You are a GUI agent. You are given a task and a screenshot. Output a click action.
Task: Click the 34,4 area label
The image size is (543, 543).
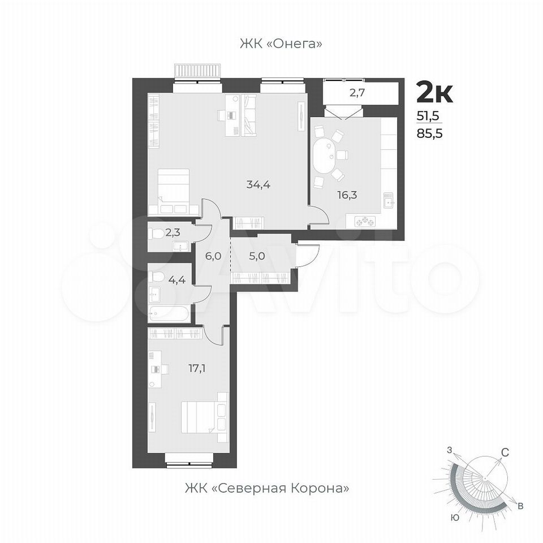click(258, 185)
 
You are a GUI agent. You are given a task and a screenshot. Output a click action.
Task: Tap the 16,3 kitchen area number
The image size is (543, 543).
click(347, 195)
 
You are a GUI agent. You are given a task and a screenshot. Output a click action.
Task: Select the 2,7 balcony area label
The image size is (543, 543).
click(357, 93)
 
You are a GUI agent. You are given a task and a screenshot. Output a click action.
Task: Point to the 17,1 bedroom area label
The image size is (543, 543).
click(197, 368)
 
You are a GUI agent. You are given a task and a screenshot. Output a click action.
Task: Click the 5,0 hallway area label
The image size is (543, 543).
click(257, 256)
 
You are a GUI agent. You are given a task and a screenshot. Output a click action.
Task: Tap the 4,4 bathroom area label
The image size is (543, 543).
click(176, 279)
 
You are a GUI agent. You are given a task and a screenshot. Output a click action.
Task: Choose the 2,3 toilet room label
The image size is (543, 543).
click(173, 232)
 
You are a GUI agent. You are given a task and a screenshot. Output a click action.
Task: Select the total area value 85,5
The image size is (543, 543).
click(429, 133)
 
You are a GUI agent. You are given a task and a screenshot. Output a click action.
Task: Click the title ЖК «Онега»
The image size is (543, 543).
click(281, 44)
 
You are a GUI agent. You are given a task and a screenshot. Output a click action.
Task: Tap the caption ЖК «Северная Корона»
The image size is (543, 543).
click(267, 488)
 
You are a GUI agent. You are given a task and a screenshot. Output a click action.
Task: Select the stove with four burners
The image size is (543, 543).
click(365, 221)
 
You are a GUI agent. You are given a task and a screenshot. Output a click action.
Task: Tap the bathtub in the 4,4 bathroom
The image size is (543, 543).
click(169, 314)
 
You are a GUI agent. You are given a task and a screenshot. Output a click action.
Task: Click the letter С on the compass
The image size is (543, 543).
click(505, 453)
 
